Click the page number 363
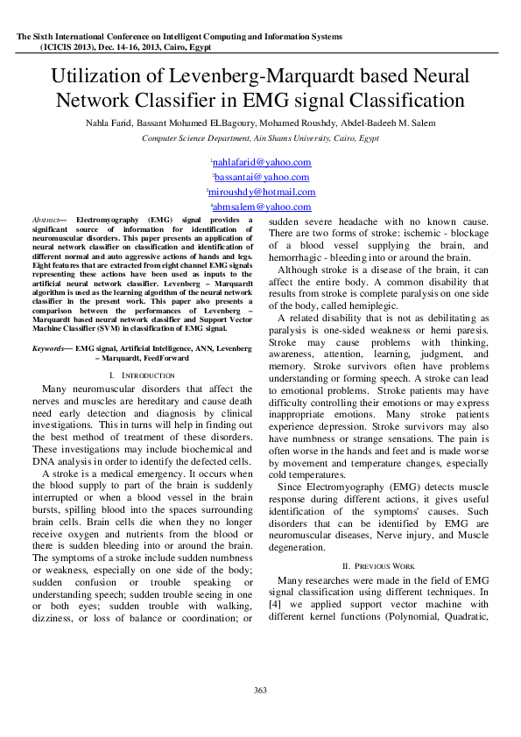tap(260, 691)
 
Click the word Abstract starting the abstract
tap(45, 219)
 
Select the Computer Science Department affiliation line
tap(260, 138)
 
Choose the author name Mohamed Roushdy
tap(283, 124)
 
